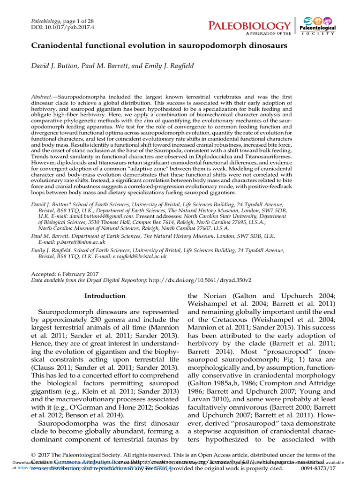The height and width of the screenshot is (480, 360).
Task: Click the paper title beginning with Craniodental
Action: [x=159, y=46]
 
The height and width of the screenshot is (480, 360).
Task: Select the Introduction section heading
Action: [x=105, y=296]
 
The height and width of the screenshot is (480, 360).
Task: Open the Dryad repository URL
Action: [x=200, y=279]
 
